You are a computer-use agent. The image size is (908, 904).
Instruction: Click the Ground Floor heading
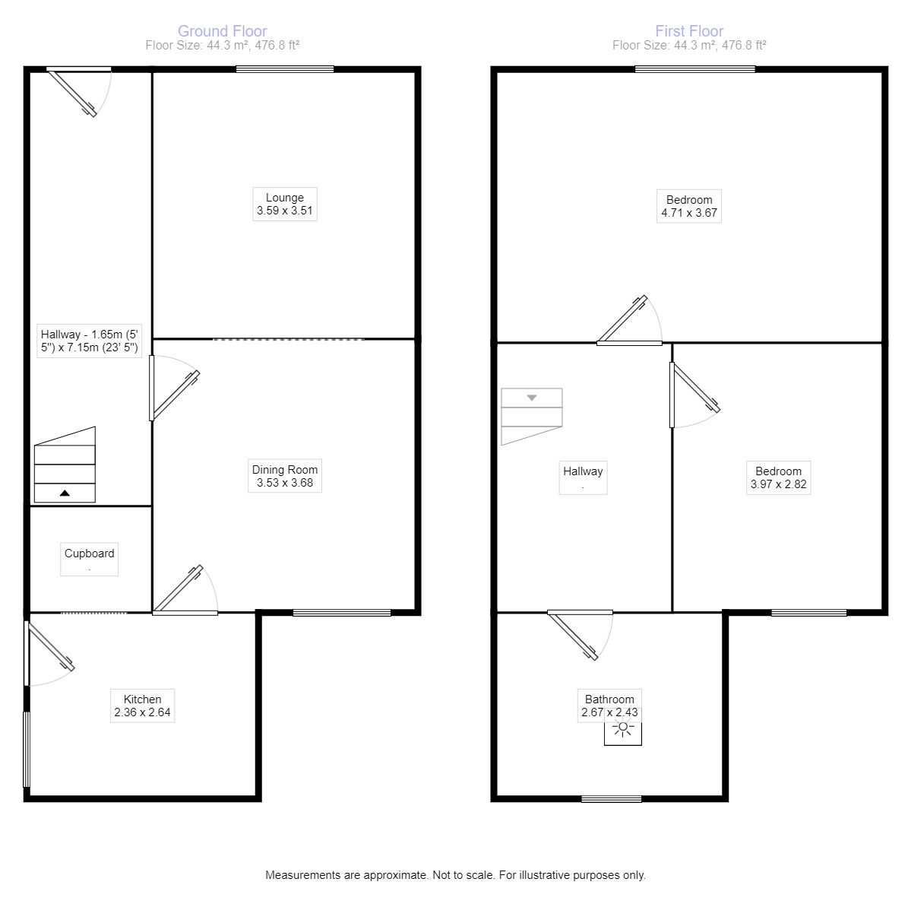[x=222, y=31]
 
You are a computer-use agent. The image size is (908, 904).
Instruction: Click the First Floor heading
[x=689, y=31]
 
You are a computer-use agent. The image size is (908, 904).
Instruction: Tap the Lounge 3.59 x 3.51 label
[x=285, y=205]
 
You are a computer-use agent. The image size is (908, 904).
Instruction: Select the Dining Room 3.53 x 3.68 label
[x=285, y=476]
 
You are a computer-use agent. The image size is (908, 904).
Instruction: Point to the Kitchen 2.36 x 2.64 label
[x=142, y=706]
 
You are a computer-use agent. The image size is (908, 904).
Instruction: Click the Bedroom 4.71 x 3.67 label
[x=689, y=206]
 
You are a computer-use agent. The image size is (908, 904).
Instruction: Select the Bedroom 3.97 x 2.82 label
[x=778, y=477]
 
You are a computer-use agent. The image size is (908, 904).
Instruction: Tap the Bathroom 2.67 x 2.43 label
[x=609, y=706]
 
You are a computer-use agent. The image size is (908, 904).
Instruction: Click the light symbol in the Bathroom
[x=623, y=730]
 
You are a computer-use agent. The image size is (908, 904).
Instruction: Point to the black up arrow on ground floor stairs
[x=65, y=493]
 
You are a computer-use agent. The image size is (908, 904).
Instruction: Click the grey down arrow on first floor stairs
[x=532, y=398]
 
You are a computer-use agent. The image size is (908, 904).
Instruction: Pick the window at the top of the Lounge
[x=285, y=69]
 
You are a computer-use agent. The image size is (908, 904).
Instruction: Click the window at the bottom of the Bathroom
[x=612, y=798]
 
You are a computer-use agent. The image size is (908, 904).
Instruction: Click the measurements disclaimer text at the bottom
[x=455, y=875]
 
